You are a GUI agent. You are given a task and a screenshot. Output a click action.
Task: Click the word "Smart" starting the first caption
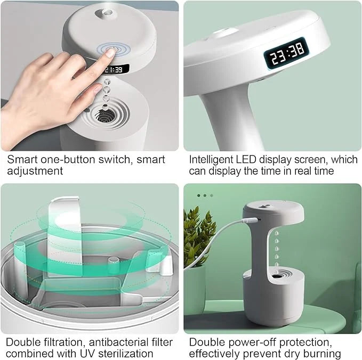[20, 159]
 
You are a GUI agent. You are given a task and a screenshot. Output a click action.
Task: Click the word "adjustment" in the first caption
[35, 171]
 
